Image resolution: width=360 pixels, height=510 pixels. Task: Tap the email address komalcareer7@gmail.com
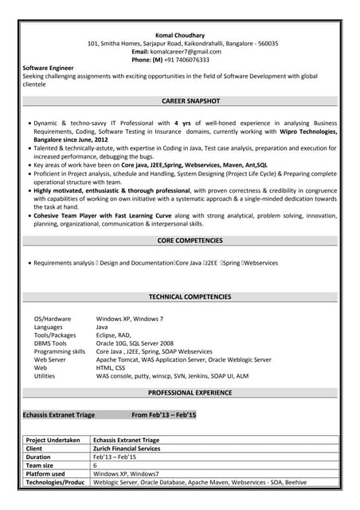[192, 51]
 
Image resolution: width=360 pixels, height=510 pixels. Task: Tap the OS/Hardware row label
[53, 319]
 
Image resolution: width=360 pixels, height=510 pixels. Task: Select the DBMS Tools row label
[51, 343]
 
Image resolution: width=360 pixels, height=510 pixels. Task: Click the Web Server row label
[50, 359]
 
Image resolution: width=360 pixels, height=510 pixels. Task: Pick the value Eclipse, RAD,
[114, 335]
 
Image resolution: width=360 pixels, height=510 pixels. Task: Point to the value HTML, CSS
[111, 367]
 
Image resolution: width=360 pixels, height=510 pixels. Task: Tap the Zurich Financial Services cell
[127, 449]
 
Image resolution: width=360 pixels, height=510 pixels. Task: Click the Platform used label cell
[45, 473]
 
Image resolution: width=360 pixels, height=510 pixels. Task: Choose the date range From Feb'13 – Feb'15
[163, 415]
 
